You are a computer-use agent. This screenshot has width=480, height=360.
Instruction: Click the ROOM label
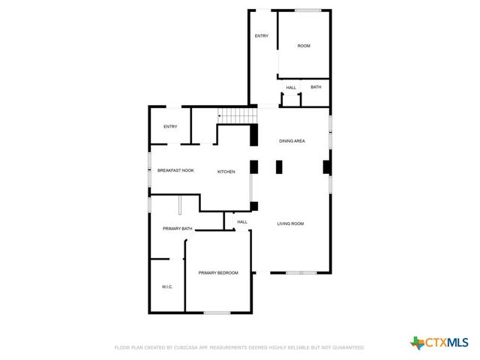pos(304,46)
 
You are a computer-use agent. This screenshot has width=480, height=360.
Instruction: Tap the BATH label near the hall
pos(316,87)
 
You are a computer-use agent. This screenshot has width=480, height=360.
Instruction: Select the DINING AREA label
pos(292,141)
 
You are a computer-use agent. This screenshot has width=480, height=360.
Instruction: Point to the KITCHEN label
pos(226,172)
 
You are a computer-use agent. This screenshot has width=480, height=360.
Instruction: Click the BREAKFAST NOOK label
pos(175,170)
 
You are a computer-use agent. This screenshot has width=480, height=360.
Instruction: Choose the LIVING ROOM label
pos(290,223)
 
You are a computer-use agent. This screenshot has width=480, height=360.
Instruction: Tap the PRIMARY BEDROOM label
pos(218,273)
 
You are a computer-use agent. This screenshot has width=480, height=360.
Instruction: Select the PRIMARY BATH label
pos(178,228)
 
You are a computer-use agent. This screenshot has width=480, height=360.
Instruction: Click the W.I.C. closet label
pos(167,287)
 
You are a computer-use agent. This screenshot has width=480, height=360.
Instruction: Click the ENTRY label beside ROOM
pos(261,36)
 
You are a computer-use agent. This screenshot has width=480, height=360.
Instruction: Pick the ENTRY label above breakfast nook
pos(170,126)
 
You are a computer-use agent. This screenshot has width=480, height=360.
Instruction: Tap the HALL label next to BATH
pos(291,88)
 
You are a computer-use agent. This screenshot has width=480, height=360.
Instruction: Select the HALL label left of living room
pos(242,222)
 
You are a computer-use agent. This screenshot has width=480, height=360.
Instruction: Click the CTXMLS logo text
pos(448,343)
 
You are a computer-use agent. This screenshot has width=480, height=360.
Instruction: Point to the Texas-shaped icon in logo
pos(417,343)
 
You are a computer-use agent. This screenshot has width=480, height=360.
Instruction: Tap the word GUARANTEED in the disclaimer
pos(347,348)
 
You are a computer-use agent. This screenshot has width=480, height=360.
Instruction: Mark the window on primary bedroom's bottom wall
pos(217,313)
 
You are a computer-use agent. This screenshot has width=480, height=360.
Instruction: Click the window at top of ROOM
pos(307,10)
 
